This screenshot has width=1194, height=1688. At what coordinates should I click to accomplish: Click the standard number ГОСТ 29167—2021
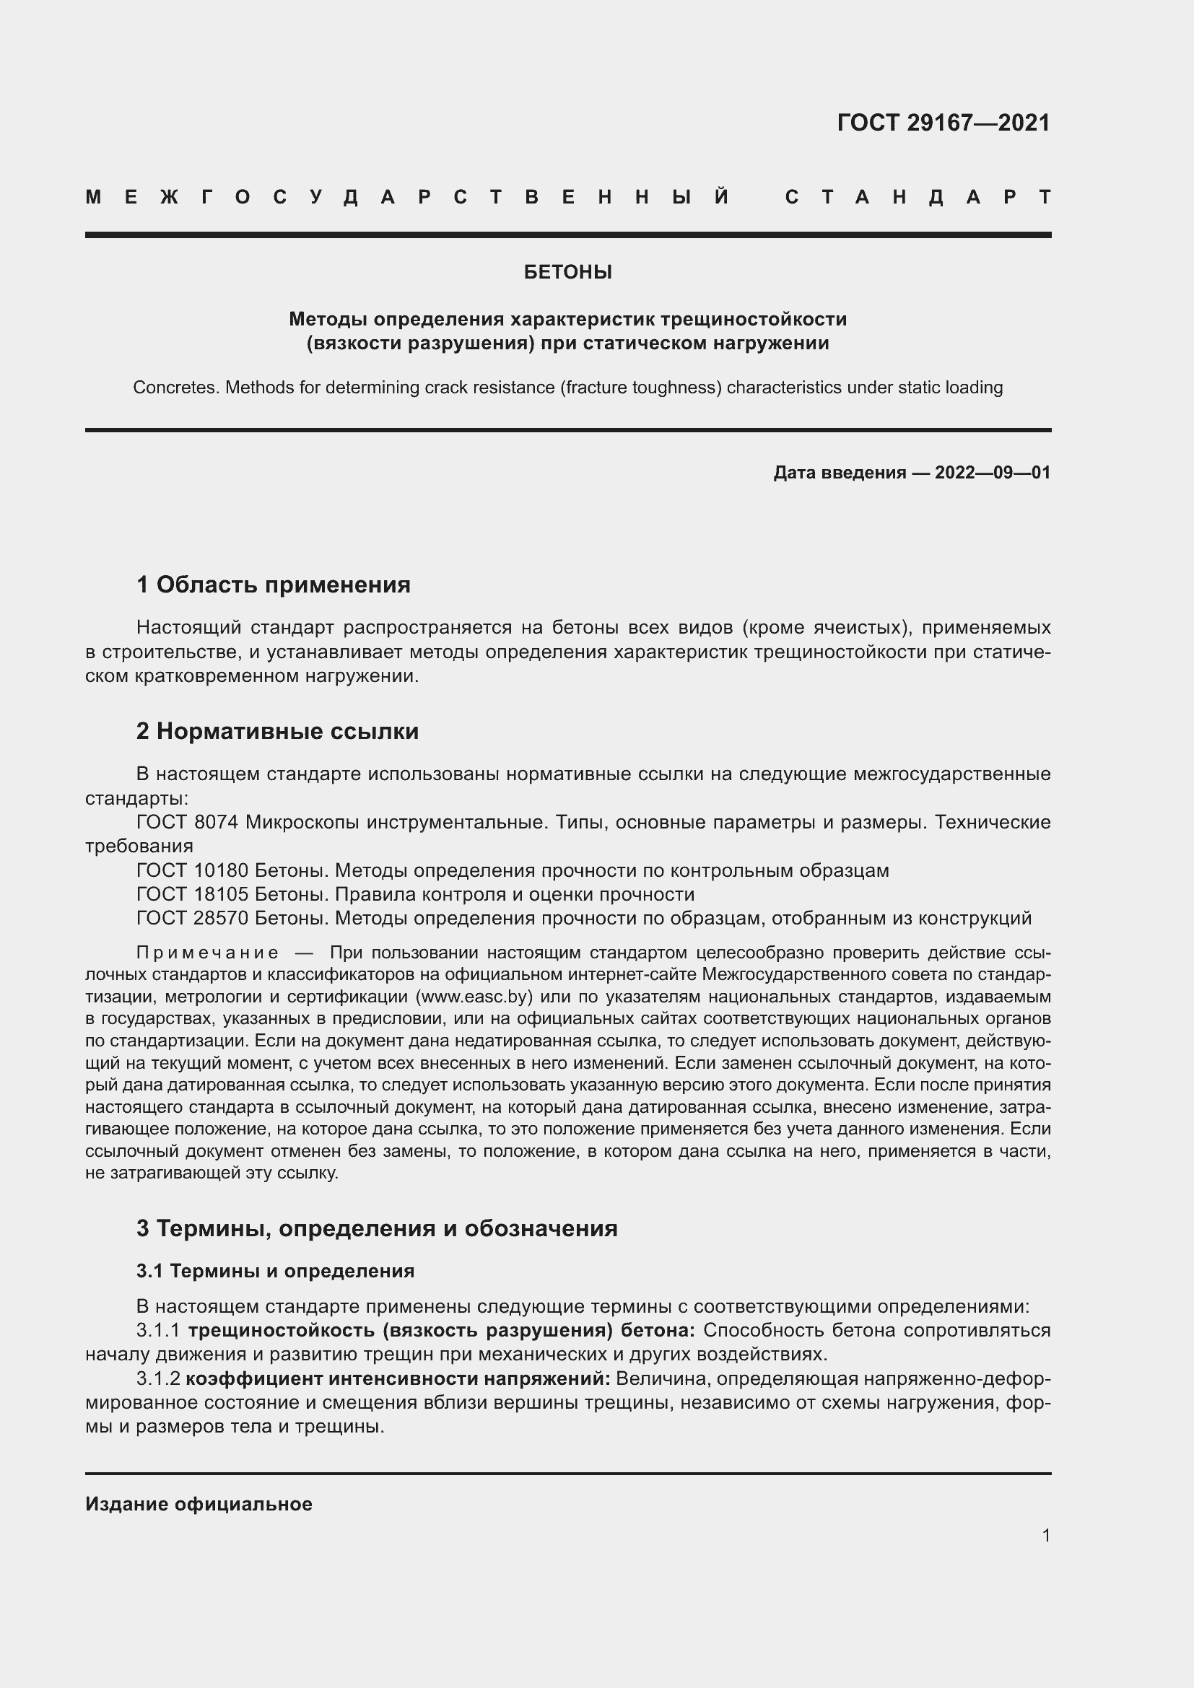coord(944,122)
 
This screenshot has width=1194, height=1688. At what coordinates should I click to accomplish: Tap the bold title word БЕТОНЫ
coord(567,272)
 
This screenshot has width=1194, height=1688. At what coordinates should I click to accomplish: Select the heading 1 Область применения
coord(273,585)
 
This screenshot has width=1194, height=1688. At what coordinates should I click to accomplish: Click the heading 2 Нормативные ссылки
coord(277,731)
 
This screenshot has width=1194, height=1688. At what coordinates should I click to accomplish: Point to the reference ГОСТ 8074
coord(187,822)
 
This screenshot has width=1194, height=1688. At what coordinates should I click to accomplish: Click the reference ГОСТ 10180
coord(193,870)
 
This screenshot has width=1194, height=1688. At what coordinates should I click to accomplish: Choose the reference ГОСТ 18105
coord(193,894)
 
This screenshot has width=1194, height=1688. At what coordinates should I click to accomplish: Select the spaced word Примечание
coord(207,953)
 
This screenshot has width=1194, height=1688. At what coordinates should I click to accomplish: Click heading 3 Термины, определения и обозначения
coord(376,1228)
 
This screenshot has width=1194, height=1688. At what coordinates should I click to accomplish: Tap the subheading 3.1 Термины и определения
coord(275,1270)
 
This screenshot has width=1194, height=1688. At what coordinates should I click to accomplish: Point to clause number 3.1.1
coord(158,1331)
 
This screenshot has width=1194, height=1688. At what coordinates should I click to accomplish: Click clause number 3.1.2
coord(158,1378)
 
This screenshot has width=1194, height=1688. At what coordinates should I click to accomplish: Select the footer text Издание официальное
coord(199,1504)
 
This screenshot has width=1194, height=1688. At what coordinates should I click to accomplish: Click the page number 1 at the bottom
coord(1046,1535)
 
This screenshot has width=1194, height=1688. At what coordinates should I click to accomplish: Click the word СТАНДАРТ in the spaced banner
coord(918,197)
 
